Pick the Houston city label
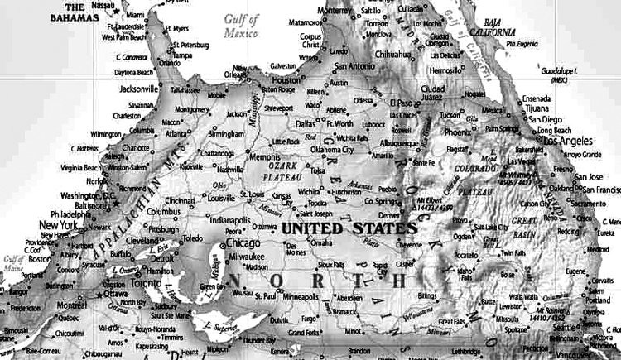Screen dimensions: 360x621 coord(287,80)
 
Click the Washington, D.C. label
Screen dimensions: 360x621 coord(85,196)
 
